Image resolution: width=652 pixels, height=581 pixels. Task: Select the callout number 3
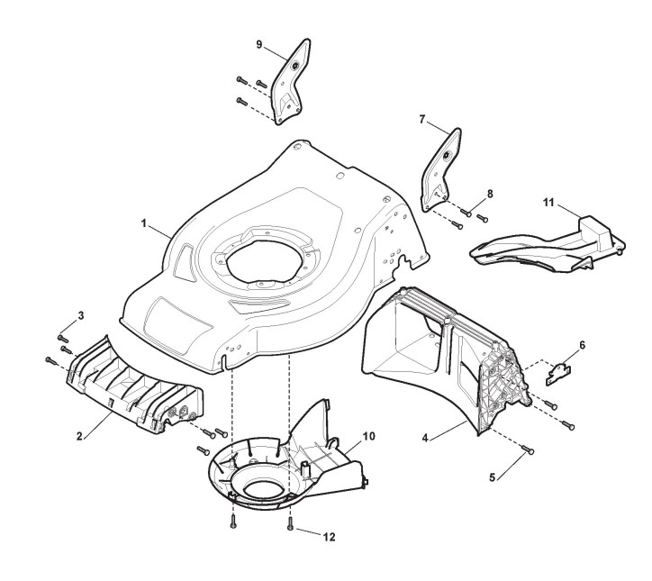(x=81, y=314)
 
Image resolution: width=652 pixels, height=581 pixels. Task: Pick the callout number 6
(x=582, y=345)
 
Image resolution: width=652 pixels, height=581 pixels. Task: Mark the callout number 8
(x=491, y=194)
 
